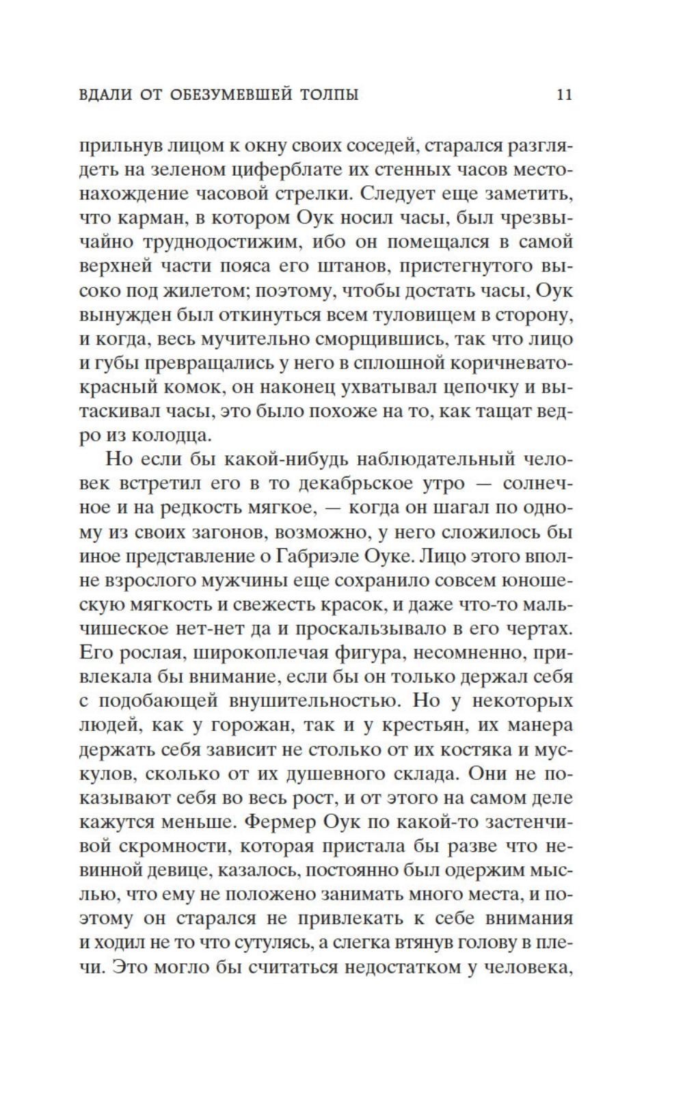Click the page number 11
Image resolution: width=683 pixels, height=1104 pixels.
click(564, 95)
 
